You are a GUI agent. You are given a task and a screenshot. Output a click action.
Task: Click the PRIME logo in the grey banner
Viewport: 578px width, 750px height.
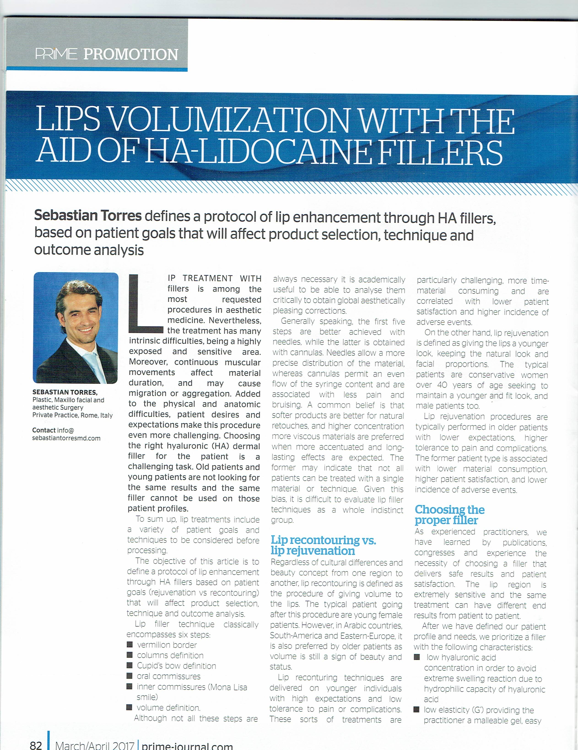click(56, 54)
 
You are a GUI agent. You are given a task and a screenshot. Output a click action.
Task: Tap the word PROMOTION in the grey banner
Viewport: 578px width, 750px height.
click(131, 54)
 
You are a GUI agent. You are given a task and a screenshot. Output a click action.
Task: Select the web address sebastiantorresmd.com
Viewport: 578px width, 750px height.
click(66, 438)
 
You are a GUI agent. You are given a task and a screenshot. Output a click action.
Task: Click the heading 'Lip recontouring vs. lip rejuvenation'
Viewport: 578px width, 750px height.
click(323, 545)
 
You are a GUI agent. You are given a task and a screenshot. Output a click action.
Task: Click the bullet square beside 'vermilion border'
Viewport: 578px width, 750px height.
click(130, 645)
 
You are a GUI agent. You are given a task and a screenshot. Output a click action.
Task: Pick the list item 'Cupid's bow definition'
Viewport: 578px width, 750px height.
click(176, 666)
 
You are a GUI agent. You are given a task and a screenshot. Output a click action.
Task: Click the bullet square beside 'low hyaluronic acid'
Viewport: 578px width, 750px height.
click(417, 657)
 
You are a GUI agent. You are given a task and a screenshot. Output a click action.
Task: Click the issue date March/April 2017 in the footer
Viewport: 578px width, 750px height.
click(94, 745)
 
